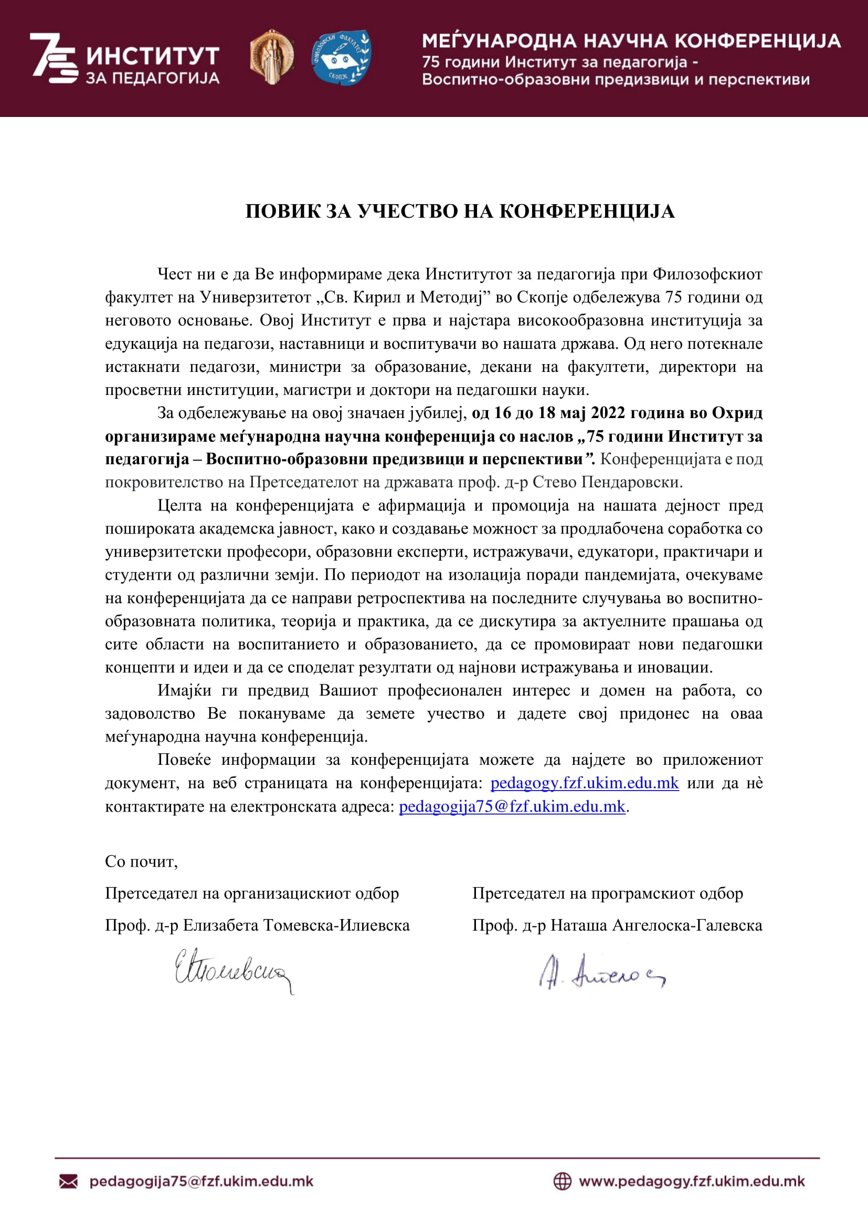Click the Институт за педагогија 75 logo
pos(124,59)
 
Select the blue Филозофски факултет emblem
pos(341,57)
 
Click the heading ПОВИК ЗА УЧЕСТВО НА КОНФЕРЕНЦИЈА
pos(460,211)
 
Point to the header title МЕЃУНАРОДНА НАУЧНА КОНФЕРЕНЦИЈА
pos(631,41)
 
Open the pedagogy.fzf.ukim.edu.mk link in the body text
pos(584,783)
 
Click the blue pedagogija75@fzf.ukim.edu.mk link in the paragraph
pos(512,806)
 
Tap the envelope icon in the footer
pos(68,1181)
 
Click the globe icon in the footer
pos(562,1181)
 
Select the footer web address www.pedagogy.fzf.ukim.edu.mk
pos(692,1181)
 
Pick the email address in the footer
pos(202,1181)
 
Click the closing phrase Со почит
pos(141,861)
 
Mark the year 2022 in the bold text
pos(608,413)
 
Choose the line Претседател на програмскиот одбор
pos(607,893)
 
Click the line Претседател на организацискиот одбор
pos(252,893)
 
